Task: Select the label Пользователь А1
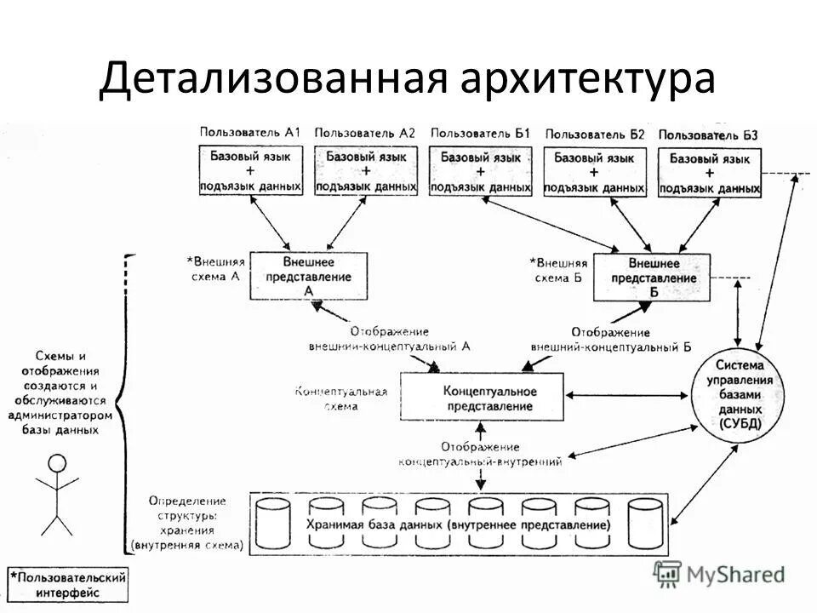coord(250,133)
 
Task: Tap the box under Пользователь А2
coord(366,171)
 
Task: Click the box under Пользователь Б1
coord(481,171)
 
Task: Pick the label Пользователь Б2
coord(595,134)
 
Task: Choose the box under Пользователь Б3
coord(710,173)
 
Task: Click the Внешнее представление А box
coord(308,275)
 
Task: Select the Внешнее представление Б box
coord(654,277)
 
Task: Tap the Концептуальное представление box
coord(482,396)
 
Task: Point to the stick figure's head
coord(57,464)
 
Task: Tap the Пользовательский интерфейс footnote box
coord(68,584)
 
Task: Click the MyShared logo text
coord(734,575)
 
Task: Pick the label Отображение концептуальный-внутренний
coord(480,454)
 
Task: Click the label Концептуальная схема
coord(340,398)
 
